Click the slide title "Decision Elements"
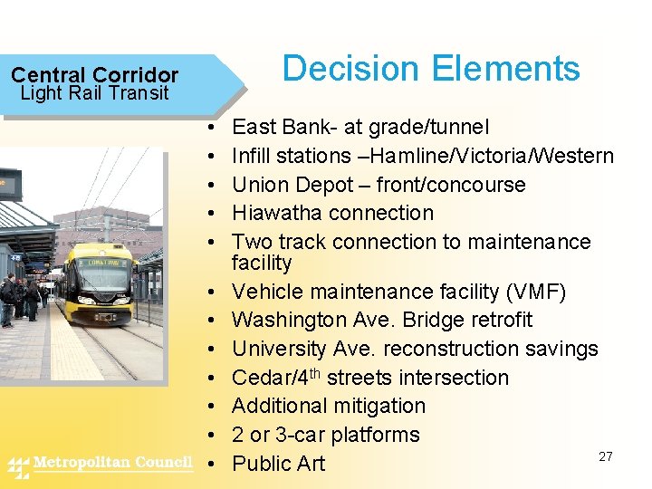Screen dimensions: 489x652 click(x=431, y=69)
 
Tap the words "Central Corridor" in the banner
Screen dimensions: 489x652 click(x=94, y=75)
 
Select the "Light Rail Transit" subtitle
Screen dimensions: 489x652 click(x=94, y=93)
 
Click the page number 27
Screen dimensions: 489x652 click(x=605, y=456)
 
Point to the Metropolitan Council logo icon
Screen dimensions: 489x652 click(x=18, y=466)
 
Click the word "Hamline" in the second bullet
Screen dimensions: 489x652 click(x=430, y=156)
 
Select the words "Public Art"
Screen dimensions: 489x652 click(x=278, y=464)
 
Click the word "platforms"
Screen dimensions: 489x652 click(x=375, y=435)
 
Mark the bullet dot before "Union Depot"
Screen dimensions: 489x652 click(x=210, y=185)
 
